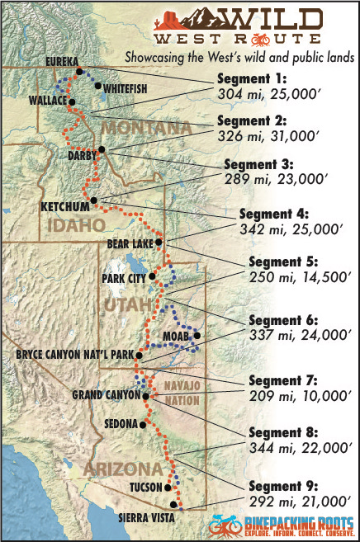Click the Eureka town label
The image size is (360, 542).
click(63, 62)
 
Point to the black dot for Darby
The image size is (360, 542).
click(102, 149)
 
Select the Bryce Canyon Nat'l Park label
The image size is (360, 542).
click(75, 356)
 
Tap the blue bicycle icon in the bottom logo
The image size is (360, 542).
click(225, 525)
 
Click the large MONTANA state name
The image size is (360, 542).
click(145, 130)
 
